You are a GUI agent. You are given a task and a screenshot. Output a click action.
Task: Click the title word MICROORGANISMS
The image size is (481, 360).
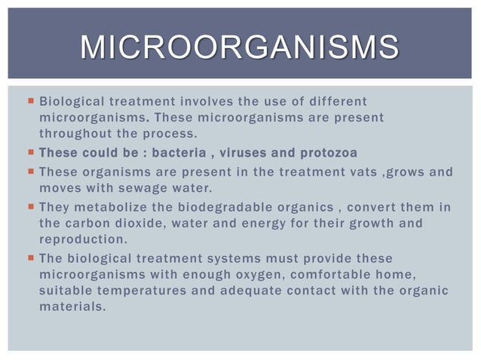(240, 47)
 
